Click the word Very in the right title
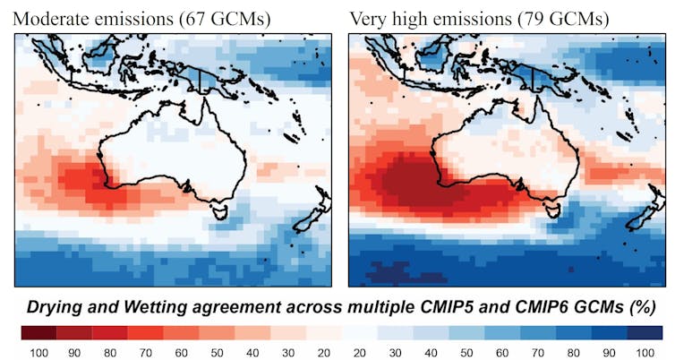point(367,18)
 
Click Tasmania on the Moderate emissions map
point(217,211)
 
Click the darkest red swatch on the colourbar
point(37,332)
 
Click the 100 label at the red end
point(37,351)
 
